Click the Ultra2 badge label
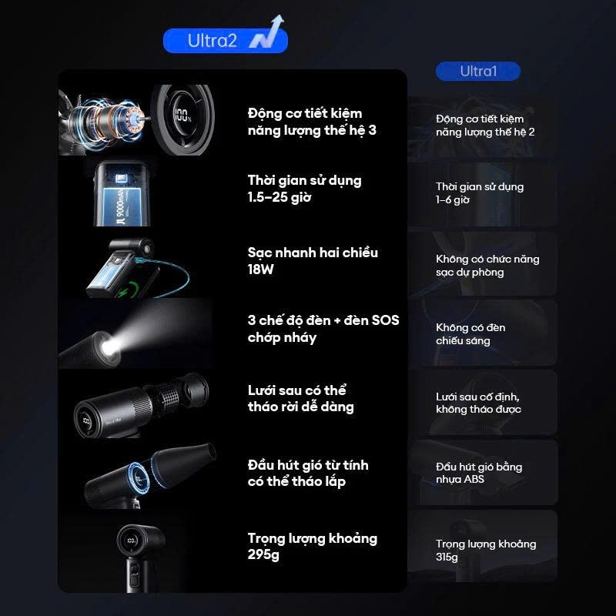tap(213, 41)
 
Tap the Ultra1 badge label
tap(478, 71)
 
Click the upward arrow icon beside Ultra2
tap(266, 32)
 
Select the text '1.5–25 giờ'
tap(280, 197)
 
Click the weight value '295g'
tap(263, 554)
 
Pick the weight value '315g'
tap(447, 557)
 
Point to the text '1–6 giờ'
tap(453, 200)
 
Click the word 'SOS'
tap(385, 320)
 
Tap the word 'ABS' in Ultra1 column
tap(474, 479)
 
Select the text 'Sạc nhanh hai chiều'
tap(313, 253)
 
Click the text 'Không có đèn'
tap(470, 328)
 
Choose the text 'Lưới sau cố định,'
tap(477, 397)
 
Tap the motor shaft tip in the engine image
tap(149, 118)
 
